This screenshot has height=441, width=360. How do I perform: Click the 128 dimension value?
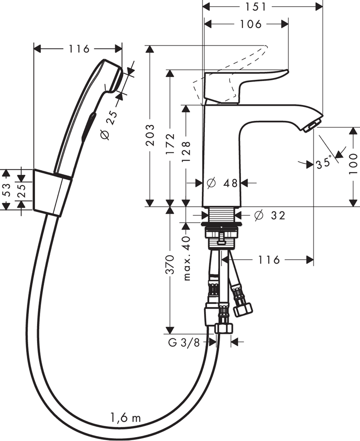point(186,152)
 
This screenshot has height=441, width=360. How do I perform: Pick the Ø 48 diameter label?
point(224,183)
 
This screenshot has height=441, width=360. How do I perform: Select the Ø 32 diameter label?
point(270,215)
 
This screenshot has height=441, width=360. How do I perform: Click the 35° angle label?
point(324,163)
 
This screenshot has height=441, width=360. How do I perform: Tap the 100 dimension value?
point(353,164)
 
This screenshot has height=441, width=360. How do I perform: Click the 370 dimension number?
point(170,265)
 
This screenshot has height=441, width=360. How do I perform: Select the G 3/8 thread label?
point(184,342)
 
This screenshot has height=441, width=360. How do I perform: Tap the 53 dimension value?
point(6,190)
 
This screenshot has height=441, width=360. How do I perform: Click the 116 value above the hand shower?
point(79,49)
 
